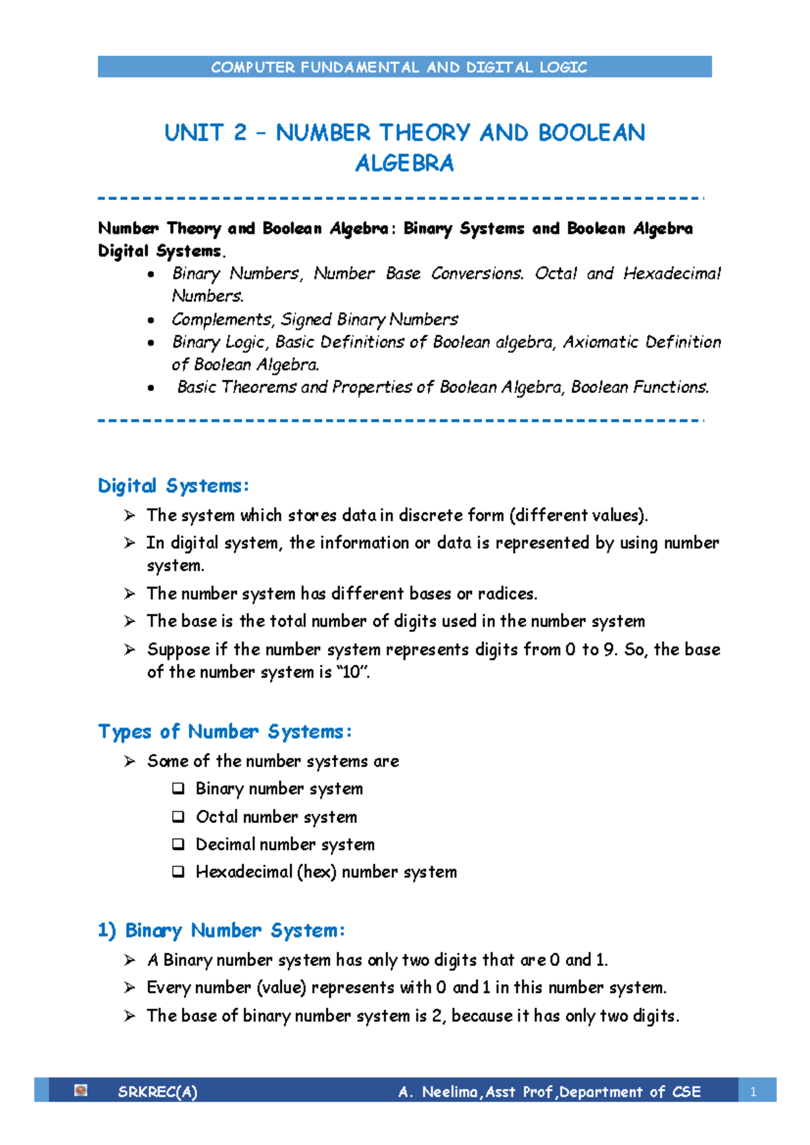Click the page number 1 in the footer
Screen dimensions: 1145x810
753,1092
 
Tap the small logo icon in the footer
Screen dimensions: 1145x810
81,1090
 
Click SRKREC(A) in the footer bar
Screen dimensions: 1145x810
157,1092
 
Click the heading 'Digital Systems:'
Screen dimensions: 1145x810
173,485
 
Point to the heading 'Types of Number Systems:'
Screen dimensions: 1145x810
225,731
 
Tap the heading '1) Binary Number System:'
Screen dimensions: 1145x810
221,930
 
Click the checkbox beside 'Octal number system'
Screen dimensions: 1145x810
178,816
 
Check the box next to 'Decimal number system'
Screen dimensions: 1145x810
178,844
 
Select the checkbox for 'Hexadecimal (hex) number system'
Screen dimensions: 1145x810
178,872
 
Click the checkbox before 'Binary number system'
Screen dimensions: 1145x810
178,788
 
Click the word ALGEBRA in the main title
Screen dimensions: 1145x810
404,163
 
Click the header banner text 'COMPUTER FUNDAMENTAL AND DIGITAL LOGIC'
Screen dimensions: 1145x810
399,67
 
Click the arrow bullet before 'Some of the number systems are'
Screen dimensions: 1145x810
130,761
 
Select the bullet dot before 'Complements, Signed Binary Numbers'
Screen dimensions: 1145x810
151,320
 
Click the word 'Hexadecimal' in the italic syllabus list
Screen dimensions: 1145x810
672,273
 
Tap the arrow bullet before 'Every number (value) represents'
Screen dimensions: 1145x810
130,988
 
